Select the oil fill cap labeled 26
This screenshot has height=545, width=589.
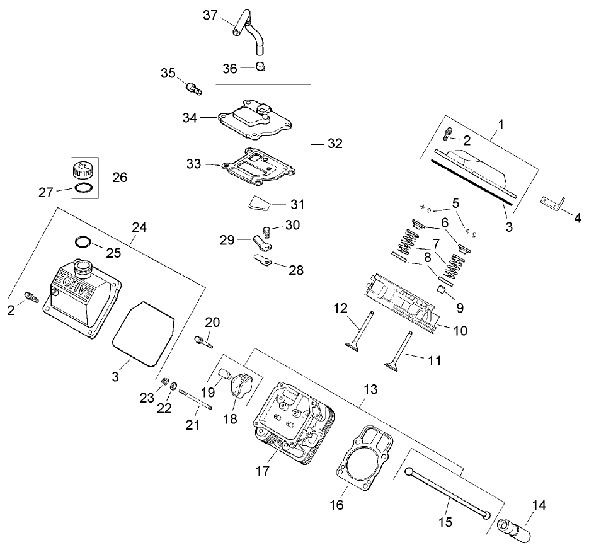(80, 168)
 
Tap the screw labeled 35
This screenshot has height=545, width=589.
(193, 88)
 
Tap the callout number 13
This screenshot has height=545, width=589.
(371, 389)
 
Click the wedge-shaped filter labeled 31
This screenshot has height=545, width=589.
(258, 202)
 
